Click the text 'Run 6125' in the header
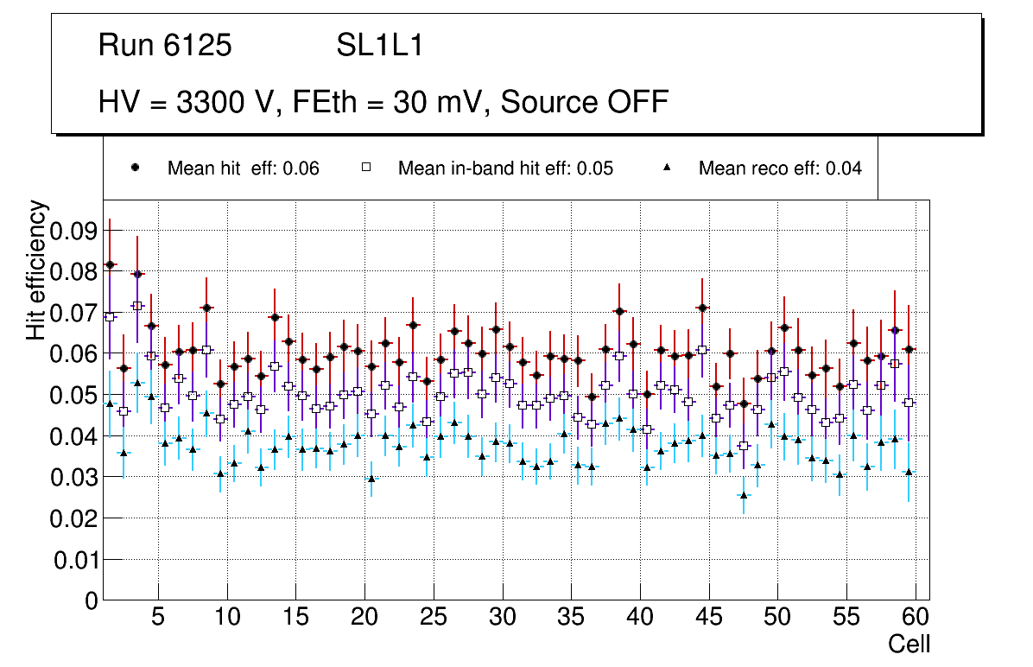pyautogui.click(x=165, y=46)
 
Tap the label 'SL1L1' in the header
pyautogui.click(x=380, y=46)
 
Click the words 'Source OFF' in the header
pyautogui.click(x=585, y=102)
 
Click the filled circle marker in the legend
pyautogui.click(x=135, y=168)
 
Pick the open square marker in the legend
pyautogui.click(x=365, y=168)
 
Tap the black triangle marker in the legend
pyautogui.click(x=668, y=168)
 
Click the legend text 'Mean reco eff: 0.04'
pyautogui.click(x=780, y=168)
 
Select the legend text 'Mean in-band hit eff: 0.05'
pyautogui.click(x=505, y=168)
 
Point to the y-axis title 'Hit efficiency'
pyautogui.click(x=37, y=270)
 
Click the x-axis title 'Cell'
pyautogui.click(x=909, y=644)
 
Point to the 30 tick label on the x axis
pyautogui.click(x=502, y=618)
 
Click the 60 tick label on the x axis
pyautogui.click(x=916, y=618)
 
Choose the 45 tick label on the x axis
pyautogui.click(x=708, y=618)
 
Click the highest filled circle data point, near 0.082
pyautogui.click(x=110, y=264)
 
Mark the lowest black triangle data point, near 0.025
pyautogui.click(x=744, y=495)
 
